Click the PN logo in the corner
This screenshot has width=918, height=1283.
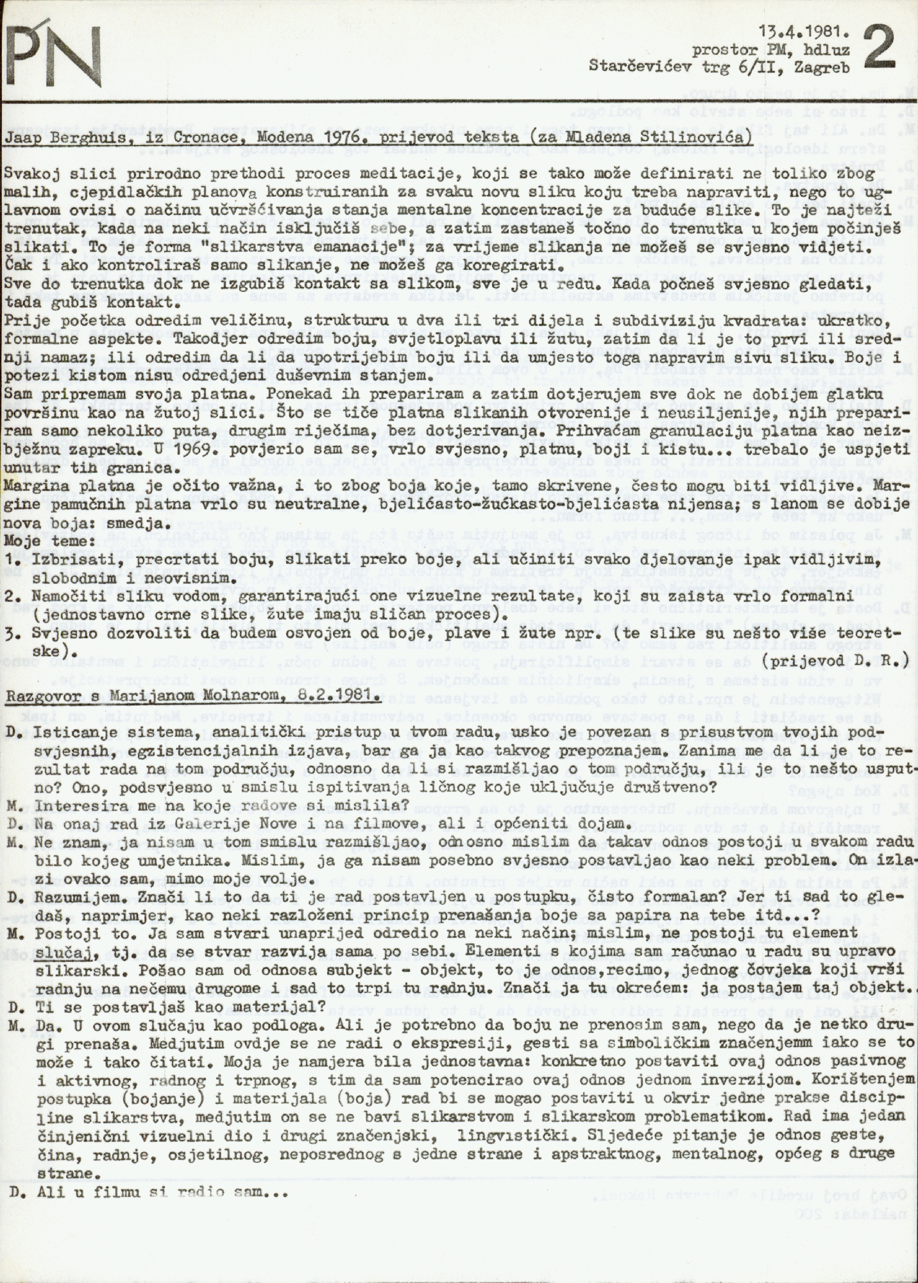coord(55,49)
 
